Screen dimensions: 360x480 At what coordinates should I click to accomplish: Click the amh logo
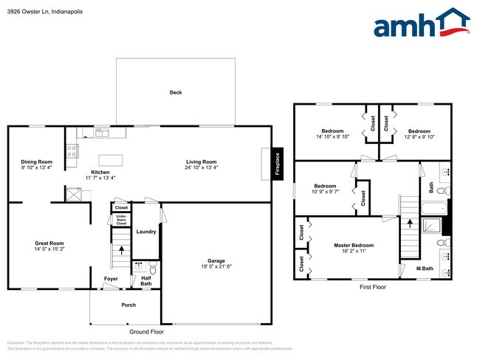tap(421, 24)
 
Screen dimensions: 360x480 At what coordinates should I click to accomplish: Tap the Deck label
tap(176, 92)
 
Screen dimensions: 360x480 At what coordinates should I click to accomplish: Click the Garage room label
tap(216, 260)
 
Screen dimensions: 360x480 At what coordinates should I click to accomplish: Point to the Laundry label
tap(145, 232)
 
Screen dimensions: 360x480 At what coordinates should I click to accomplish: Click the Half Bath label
tap(145, 281)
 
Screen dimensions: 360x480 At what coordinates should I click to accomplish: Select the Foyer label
tap(111, 278)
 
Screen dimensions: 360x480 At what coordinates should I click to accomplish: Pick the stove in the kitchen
tap(72, 151)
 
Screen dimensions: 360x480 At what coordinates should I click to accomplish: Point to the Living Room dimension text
tap(201, 167)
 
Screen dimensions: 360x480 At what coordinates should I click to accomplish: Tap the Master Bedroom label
tap(354, 245)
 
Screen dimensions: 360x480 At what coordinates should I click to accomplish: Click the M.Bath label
tap(424, 268)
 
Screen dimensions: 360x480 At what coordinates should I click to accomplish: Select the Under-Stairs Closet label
tap(121, 220)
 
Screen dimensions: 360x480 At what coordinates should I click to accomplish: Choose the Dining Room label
tap(36, 162)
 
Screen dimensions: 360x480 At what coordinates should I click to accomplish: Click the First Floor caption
tap(373, 287)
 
